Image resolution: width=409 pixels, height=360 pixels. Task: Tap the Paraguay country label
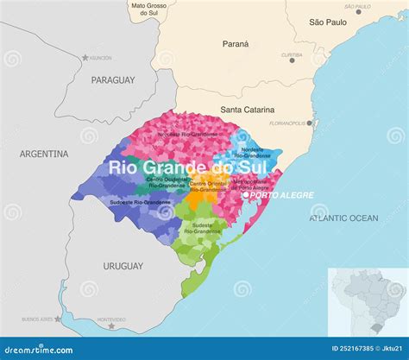click(x=112, y=79)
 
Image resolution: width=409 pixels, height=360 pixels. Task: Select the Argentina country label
click(x=44, y=154)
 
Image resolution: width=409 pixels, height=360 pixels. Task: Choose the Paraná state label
click(x=235, y=43)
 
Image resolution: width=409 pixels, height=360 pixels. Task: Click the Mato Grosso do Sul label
click(x=149, y=9)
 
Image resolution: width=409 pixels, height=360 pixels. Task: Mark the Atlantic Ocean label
click(x=343, y=218)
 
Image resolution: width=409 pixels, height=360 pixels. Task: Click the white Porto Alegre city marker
click(x=246, y=195)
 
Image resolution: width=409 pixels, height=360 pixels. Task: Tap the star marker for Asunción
click(x=85, y=58)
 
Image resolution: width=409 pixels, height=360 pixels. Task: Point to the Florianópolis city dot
click(x=310, y=123)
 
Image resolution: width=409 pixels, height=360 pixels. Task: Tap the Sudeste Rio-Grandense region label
click(x=202, y=229)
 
